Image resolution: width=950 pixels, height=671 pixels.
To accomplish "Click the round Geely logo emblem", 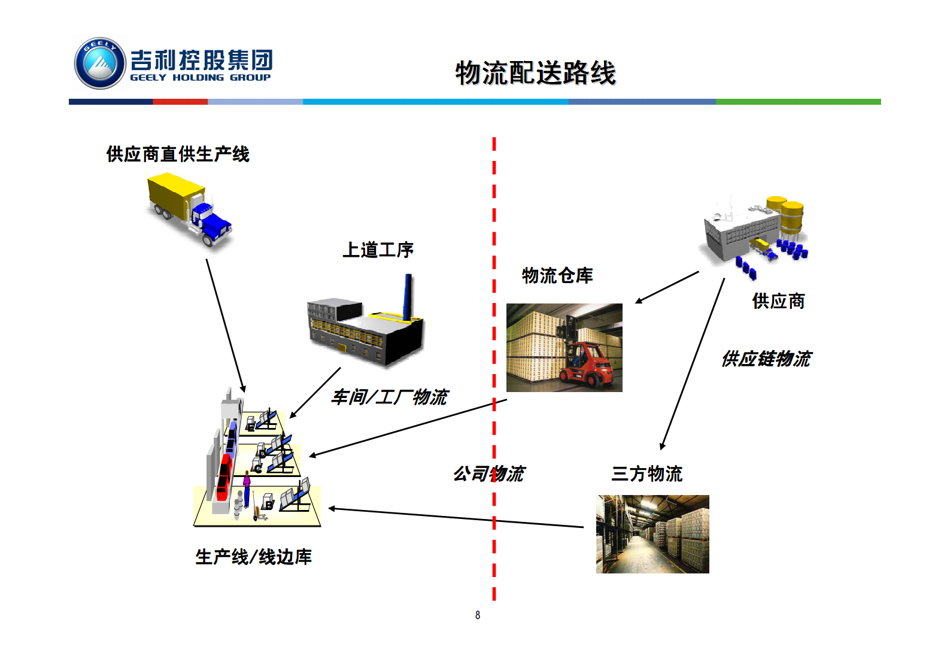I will pos(99,63).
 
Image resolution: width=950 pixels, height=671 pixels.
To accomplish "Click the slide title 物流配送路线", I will pos(535,73).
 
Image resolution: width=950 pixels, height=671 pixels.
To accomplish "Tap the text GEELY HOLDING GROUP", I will pos(200,78).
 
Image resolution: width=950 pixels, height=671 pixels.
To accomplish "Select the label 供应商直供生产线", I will pos(178,154).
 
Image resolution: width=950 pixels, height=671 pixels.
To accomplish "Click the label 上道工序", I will pos(378,250).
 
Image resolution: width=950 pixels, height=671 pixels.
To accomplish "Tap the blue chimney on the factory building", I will pos(408,297).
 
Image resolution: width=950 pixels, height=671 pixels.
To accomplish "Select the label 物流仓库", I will pos(557,275).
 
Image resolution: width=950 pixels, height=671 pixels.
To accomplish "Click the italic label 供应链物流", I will pos(766,359).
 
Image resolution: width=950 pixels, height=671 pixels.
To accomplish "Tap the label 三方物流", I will pos(647,474).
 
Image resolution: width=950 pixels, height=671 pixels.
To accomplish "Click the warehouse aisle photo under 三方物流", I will pos(652,534).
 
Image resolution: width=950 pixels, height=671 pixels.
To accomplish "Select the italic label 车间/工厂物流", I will pos(389,397).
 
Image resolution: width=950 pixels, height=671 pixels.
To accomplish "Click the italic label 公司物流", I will pos(488,474).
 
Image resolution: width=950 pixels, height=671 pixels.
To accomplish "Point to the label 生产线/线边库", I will pos(253,557).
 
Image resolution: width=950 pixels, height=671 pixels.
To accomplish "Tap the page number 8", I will pos(478,615).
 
